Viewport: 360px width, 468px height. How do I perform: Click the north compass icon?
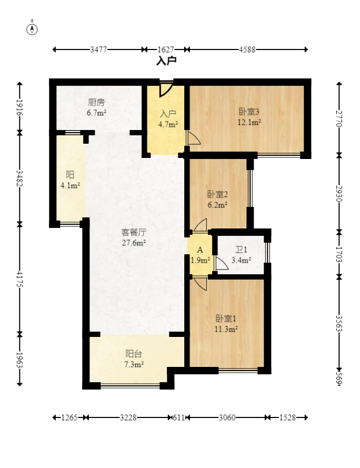point(32,29)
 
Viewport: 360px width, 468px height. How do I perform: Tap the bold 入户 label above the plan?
point(166,61)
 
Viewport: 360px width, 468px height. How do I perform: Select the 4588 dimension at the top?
point(247,49)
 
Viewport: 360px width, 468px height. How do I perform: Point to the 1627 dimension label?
point(166,49)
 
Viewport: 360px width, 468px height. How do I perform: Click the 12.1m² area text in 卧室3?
point(249,122)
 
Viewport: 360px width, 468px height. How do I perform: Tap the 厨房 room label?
point(96,102)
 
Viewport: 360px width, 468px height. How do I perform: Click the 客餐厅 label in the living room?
point(134,232)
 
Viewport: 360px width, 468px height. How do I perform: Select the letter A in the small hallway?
point(200,250)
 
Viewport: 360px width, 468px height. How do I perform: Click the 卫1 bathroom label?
point(241,250)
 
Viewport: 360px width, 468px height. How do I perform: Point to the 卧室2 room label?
point(217,194)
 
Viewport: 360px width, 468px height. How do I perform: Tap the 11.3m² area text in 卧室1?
point(226,329)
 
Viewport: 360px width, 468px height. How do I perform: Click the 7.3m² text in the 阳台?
point(134,364)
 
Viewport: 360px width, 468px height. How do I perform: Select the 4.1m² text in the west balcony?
point(70,185)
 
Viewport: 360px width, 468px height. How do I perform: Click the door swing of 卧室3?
point(194,138)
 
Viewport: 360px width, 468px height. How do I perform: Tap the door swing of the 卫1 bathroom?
point(221,264)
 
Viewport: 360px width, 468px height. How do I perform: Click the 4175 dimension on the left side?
point(20,279)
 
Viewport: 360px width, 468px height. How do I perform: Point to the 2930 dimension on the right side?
point(339,194)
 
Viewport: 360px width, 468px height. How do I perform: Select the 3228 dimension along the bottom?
point(128,417)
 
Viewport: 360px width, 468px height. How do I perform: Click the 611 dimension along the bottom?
point(179,417)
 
